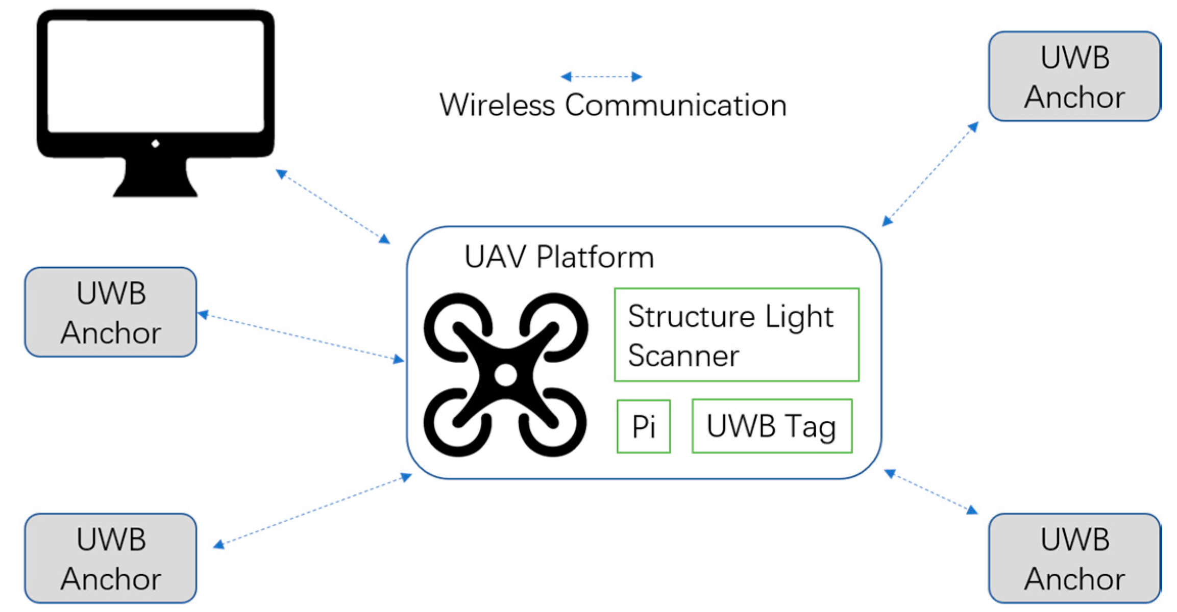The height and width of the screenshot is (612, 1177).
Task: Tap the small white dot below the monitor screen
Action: click(155, 144)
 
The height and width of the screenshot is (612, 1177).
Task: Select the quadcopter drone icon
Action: click(505, 375)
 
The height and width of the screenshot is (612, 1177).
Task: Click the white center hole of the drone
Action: click(505, 375)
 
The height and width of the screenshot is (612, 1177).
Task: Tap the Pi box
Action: click(643, 426)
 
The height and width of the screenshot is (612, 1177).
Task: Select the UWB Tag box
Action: click(772, 426)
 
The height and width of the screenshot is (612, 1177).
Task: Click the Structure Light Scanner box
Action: click(737, 335)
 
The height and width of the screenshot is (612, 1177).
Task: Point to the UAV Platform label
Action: click(559, 257)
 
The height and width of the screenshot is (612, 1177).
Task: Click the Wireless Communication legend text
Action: click(612, 106)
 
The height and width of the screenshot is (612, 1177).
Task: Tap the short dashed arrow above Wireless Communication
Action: click(601, 77)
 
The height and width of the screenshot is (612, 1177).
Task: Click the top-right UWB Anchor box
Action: click(1074, 76)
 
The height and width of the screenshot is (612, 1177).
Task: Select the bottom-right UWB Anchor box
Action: click(1074, 558)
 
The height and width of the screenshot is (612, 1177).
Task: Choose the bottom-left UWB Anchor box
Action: click(111, 558)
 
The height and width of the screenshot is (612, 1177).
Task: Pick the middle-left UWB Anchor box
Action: click(111, 312)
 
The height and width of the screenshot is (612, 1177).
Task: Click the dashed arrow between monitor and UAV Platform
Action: click(333, 206)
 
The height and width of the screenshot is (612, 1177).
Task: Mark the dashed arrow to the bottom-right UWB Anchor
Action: click(930, 492)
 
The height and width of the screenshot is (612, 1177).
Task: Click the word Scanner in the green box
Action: click(683, 356)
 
